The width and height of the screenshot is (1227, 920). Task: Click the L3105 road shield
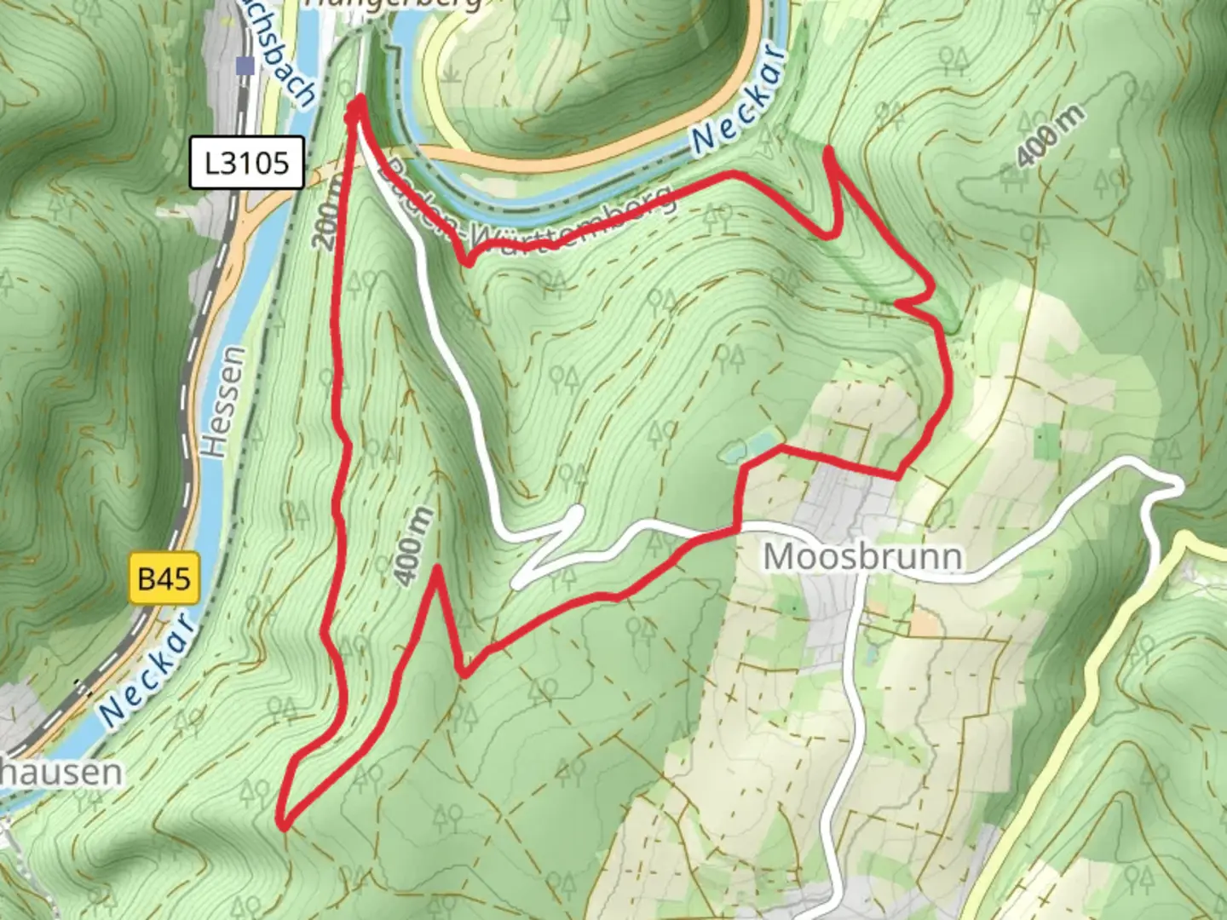(x=246, y=162)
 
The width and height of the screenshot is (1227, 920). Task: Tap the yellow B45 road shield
(x=164, y=578)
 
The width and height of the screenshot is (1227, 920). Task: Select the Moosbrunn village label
(x=863, y=556)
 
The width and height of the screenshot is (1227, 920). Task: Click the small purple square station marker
(x=246, y=65)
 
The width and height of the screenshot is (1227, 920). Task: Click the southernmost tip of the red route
(x=284, y=825)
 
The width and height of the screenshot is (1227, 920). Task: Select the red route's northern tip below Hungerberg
(x=359, y=101)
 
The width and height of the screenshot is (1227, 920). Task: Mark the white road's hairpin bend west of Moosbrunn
(x=578, y=512)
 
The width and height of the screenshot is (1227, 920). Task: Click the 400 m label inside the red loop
(x=415, y=545)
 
